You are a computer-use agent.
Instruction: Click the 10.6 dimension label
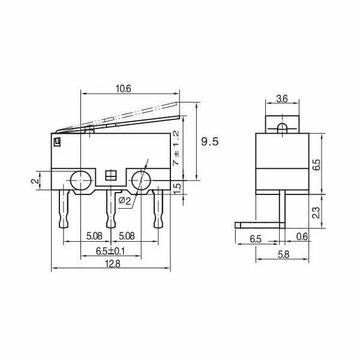123,89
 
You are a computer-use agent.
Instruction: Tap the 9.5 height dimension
210,142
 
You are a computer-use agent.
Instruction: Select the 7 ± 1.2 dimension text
176,148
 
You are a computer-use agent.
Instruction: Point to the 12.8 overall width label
113,264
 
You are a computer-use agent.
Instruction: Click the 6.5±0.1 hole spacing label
110,251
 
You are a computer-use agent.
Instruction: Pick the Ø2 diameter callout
125,200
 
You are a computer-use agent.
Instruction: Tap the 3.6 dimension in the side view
282,99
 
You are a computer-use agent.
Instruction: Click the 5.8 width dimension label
284,255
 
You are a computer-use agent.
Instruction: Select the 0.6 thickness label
302,236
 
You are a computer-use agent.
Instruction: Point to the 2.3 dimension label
316,212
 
